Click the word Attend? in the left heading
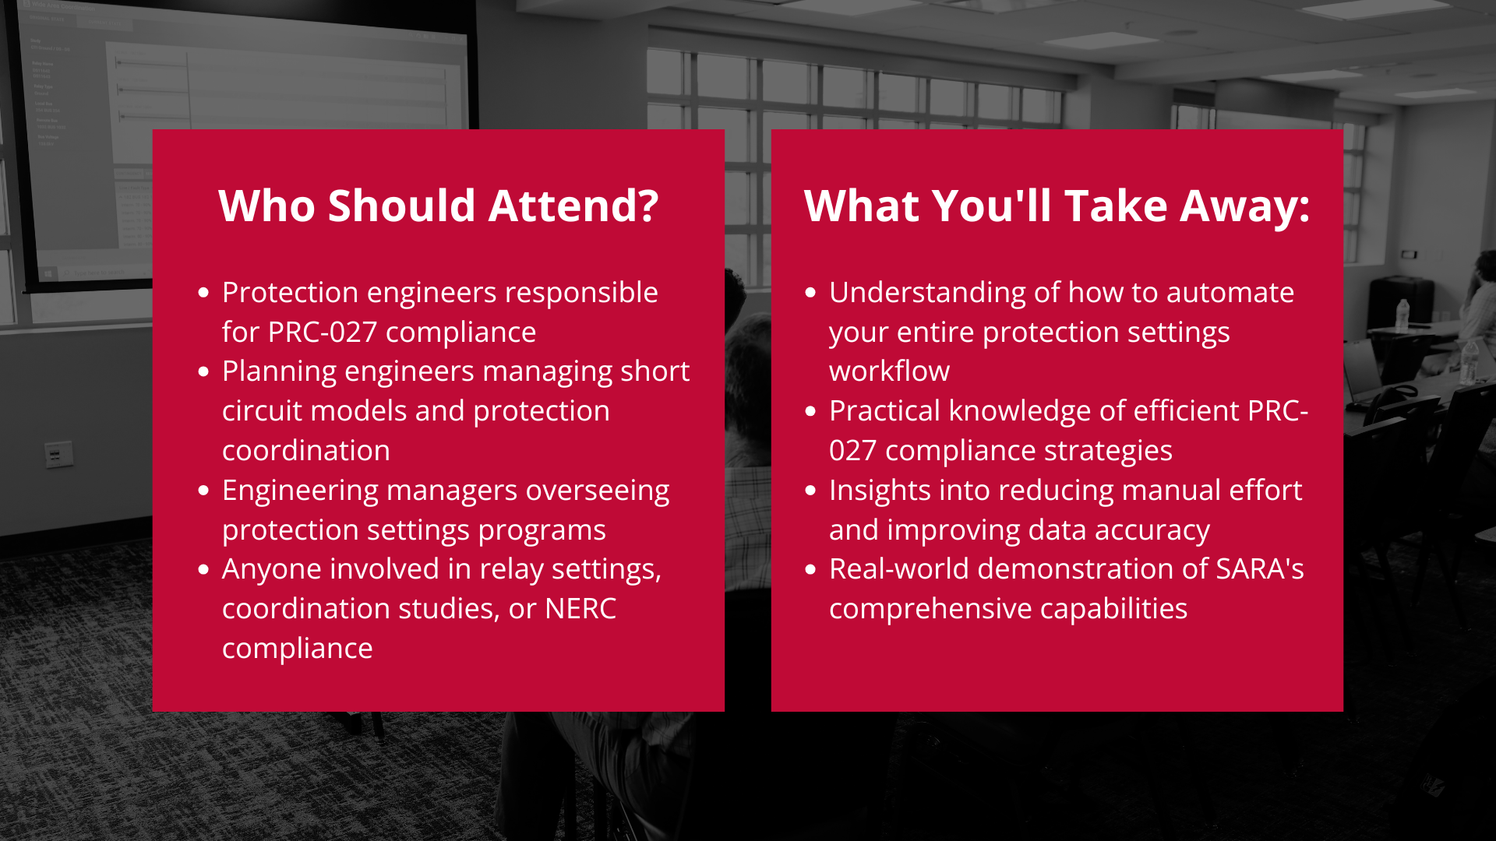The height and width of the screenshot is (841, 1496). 573,206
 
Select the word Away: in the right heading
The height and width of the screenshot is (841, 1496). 1245,207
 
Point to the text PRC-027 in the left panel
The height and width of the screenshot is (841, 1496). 322,333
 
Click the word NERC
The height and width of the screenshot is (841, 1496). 580,609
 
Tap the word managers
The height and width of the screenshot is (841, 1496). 452,491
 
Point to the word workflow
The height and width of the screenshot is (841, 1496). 889,371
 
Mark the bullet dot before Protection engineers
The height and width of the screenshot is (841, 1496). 204,293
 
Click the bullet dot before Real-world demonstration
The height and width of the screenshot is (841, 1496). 811,569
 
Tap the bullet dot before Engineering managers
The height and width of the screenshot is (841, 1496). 204,491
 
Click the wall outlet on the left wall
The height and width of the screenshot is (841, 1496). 58,454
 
